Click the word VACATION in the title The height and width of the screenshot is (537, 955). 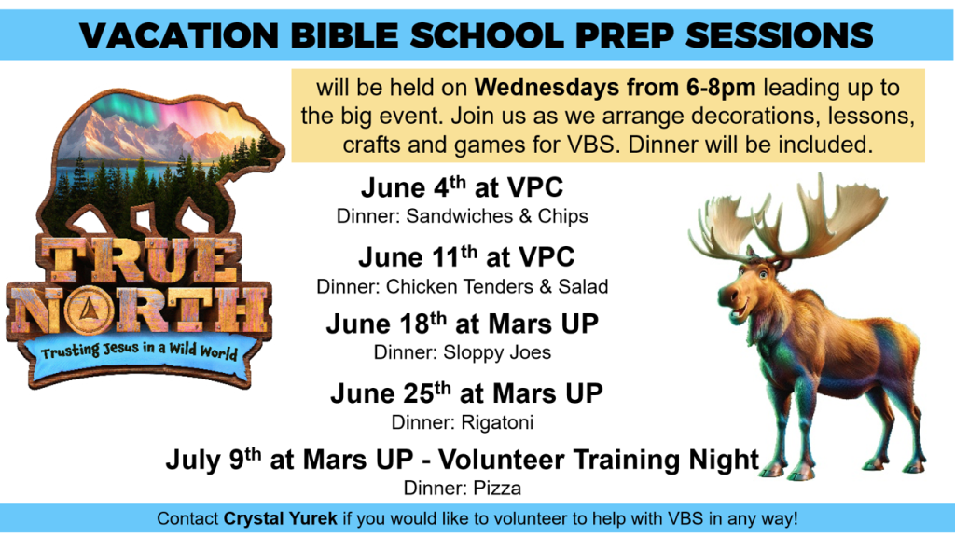coord(179,34)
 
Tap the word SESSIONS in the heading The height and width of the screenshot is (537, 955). coord(780,34)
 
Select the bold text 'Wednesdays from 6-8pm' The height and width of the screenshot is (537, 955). coord(616,88)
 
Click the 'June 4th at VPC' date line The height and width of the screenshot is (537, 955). coord(463,186)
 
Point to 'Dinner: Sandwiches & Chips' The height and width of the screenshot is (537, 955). coord(463,216)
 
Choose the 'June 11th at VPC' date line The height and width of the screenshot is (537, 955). coord(466,256)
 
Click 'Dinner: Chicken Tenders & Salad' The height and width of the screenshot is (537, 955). coord(463,286)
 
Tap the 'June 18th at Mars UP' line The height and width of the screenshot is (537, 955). coord(463,324)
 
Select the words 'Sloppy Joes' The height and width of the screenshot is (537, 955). coord(497,352)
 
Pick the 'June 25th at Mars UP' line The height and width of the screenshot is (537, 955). coord(466,393)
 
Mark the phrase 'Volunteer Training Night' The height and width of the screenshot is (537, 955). coord(599,460)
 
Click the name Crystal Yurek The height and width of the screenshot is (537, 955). coord(280,518)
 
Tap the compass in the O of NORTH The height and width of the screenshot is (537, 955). coord(90,310)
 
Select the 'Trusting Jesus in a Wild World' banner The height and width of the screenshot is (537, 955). coord(139,353)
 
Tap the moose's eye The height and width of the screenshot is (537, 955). coord(762,275)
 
